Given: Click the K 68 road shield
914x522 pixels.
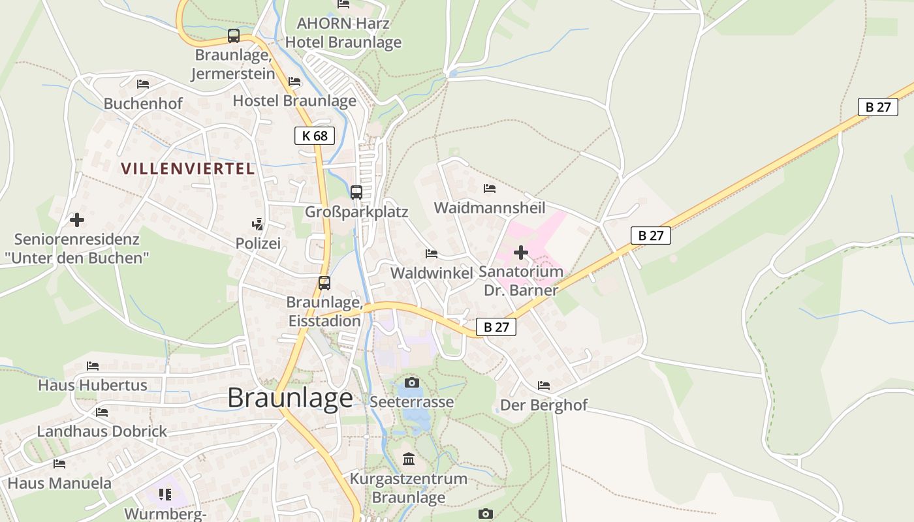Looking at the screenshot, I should click(314, 136).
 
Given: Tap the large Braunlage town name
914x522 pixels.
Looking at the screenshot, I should click(290, 398).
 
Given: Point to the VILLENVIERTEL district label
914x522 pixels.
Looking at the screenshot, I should click(187, 168).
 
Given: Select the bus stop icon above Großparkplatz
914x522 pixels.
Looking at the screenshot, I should click(356, 192).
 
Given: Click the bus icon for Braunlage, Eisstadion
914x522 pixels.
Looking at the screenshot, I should click(324, 283).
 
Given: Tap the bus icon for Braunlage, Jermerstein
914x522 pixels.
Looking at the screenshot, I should click(234, 36).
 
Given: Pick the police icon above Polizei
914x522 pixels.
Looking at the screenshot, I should click(258, 224).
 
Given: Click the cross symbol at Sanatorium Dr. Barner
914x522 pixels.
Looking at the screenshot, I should click(521, 253).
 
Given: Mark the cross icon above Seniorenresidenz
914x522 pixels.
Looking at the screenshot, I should click(77, 220).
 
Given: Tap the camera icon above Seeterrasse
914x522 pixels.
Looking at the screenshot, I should click(411, 382).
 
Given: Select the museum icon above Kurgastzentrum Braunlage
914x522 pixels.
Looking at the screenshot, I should click(409, 459).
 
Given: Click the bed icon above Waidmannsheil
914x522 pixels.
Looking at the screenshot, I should click(490, 189).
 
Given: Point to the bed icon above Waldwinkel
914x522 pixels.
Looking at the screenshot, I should click(431, 253).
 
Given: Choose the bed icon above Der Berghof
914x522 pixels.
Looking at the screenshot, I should click(543, 386).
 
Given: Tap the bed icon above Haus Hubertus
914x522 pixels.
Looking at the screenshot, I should click(92, 366).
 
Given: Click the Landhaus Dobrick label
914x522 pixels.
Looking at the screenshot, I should click(102, 431).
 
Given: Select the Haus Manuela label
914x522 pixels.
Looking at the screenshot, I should click(59, 484).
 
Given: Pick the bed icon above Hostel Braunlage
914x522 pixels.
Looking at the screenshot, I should click(294, 82).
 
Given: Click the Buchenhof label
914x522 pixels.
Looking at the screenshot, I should click(143, 103).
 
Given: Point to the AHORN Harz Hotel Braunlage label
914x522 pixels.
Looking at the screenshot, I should click(343, 33).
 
